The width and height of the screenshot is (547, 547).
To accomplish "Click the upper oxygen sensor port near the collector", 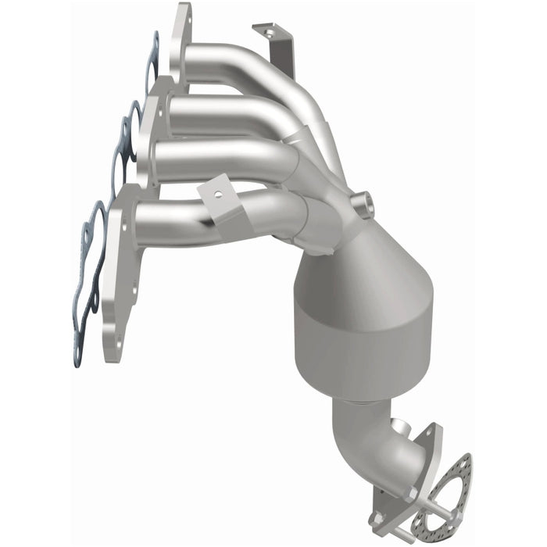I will (363, 206).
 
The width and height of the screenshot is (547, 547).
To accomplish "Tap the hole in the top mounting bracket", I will (270, 34).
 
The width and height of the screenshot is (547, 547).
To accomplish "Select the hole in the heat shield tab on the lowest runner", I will (219, 192).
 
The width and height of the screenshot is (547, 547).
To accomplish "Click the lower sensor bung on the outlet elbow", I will (401, 428).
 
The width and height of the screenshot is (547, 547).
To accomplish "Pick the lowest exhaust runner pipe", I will (180, 219).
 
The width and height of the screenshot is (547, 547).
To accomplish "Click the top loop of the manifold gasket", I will (152, 59).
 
